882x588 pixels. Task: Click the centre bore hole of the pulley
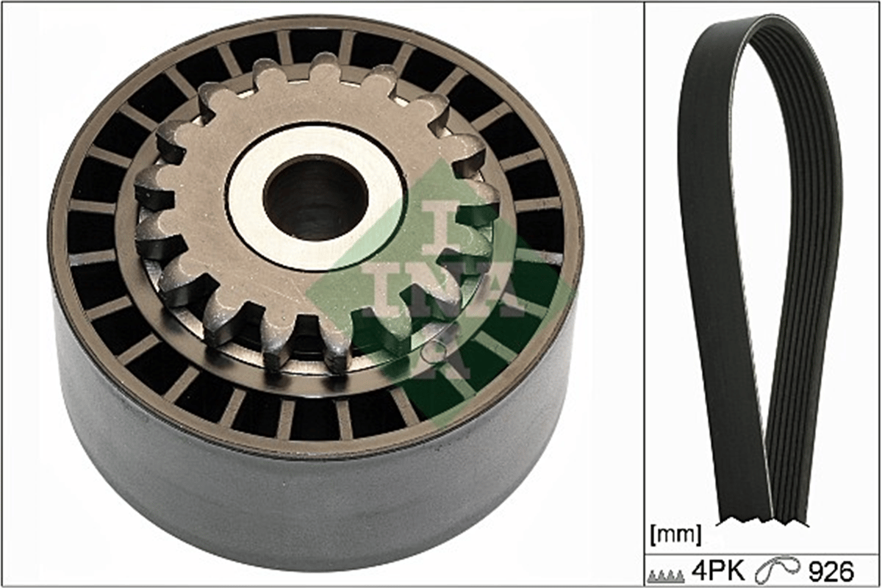pyautogui.click(x=316, y=197)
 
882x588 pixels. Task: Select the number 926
pyautogui.click(x=831, y=571)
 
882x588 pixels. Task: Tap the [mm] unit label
pyautogui.click(x=675, y=534)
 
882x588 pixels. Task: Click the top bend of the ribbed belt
pyautogui.click(x=772, y=21)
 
